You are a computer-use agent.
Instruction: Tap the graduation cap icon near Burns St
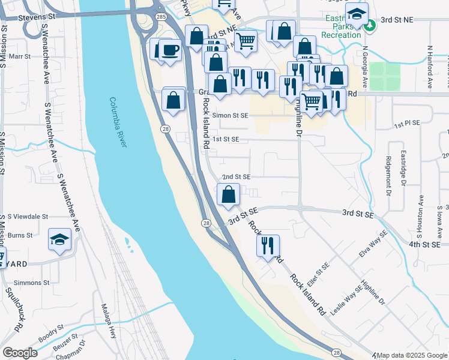(59, 241)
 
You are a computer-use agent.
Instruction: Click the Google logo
(20, 353)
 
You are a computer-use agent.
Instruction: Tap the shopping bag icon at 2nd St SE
(228, 194)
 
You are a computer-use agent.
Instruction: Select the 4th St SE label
(424, 244)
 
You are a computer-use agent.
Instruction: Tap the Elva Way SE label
(370, 247)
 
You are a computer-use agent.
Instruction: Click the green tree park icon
(370, 25)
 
